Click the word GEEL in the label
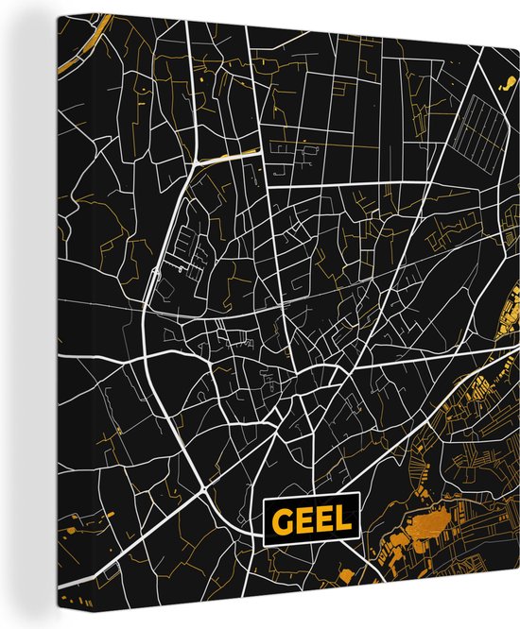coord(311,519)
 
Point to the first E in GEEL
coord(300,519)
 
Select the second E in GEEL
coord(321,519)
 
